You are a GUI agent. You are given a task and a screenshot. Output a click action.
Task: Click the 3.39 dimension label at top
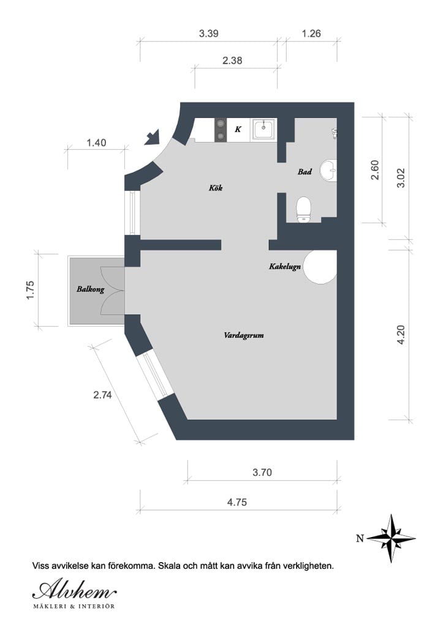[208, 34]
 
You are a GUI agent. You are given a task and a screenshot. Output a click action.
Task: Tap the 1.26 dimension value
[311, 34]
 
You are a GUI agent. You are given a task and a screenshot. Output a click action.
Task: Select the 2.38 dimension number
[233, 61]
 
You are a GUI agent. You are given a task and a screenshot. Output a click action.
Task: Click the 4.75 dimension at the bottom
[237, 502]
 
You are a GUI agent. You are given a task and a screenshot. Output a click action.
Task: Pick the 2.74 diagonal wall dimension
[102, 395]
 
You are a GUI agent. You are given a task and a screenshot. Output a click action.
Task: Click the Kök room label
[216, 188]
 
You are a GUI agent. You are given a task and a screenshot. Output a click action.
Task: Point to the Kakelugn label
[284, 267]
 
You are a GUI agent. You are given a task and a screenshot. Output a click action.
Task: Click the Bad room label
[304, 172]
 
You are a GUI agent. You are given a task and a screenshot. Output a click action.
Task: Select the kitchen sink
[265, 129]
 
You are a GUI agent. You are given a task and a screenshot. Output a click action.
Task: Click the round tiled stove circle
[320, 267]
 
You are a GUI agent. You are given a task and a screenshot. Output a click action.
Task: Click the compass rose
[391, 538]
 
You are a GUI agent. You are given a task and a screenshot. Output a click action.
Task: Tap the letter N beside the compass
[360, 539]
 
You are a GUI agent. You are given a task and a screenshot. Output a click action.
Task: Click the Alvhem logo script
[74, 590]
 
